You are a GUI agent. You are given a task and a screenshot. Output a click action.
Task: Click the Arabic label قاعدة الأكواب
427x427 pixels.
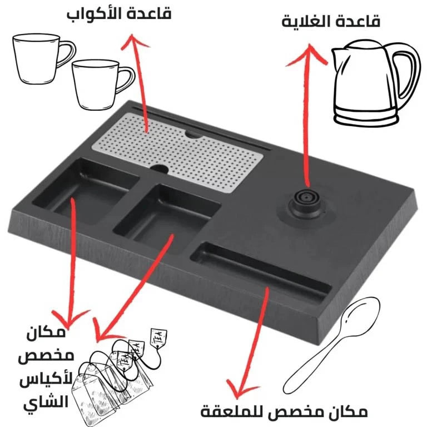(118, 13)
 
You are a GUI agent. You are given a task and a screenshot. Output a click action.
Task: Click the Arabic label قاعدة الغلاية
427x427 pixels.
(331, 22)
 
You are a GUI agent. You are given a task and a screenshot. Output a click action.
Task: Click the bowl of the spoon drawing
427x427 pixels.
(364, 315)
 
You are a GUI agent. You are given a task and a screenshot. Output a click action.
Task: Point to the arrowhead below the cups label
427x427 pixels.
(131, 39)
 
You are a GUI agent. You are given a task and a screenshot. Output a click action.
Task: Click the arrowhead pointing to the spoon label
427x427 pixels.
(242, 387)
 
